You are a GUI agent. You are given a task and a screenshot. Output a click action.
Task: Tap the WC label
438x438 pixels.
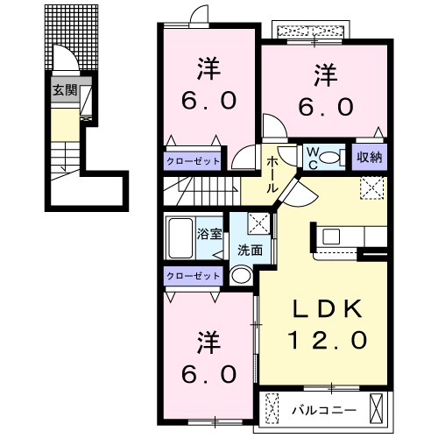(x=312, y=158)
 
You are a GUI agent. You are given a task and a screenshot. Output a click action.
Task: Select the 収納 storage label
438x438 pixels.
(x=369, y=158)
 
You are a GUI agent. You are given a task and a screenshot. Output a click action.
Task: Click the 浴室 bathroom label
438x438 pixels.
(x=209, y=234)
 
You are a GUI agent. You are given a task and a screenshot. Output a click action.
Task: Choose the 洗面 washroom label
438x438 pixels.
(x=250, y=250)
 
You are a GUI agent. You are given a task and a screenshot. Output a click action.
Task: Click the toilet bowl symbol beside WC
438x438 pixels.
(x=332, y=158)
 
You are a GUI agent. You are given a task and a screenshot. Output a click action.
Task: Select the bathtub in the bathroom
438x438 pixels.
(x=180, y=236)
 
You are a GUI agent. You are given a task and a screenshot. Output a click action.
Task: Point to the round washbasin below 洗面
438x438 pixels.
(x=241, y=276)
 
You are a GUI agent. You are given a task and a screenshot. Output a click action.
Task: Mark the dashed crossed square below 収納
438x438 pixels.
(x=371, y=187)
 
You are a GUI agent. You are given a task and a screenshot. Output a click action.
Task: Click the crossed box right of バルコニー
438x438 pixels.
(x=377, y=409)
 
